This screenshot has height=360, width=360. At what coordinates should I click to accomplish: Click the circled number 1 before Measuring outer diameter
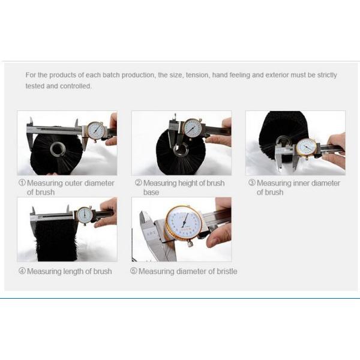pyautogui.click(x=22, y=183)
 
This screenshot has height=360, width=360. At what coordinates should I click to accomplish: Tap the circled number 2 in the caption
pyautogui.click(x=139, y=183)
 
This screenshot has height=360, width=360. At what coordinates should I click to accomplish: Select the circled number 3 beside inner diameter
pyautogui.click(x=252, y=183)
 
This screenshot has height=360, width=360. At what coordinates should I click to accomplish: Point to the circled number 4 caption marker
pyautogui.click(x=22, y=271)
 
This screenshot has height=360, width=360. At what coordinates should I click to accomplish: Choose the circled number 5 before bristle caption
pyautogui.click(x=134, y=271)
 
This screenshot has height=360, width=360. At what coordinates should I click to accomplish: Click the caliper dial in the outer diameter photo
pyautogui.click(x=97, y=131)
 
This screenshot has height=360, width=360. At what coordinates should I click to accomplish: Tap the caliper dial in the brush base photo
pyautogui.click(x=193, y=128)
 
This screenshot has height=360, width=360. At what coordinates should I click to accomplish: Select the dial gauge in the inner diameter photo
pyautogui.click(x=306, y=148)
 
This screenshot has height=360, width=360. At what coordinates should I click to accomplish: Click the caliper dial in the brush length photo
pyautogui.click(x=85, y=215)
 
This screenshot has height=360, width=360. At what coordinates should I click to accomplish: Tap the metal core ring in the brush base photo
pyautogui.click(x=181, y=150)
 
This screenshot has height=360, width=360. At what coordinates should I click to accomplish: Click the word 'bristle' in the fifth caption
pyautogui.click(x=227, y=271)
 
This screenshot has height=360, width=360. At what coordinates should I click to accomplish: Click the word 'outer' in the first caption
pyautogui.click(x=74, y=183)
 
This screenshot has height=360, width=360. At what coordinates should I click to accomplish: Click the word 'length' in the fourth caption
pyautogui.click(x=73, y=271)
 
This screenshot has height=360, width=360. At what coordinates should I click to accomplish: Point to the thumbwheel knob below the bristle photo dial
pyautogui.click(x=190, y=244)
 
